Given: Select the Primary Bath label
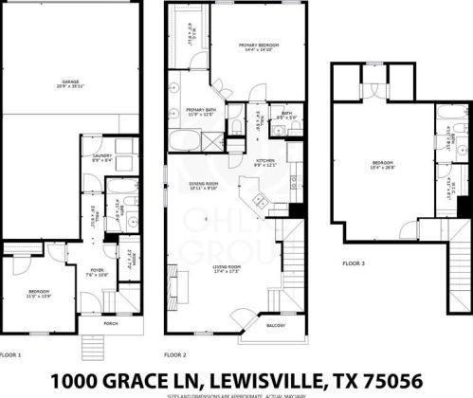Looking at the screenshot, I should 198,112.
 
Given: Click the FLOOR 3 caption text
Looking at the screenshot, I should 355,264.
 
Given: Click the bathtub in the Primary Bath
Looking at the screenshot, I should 182,140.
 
